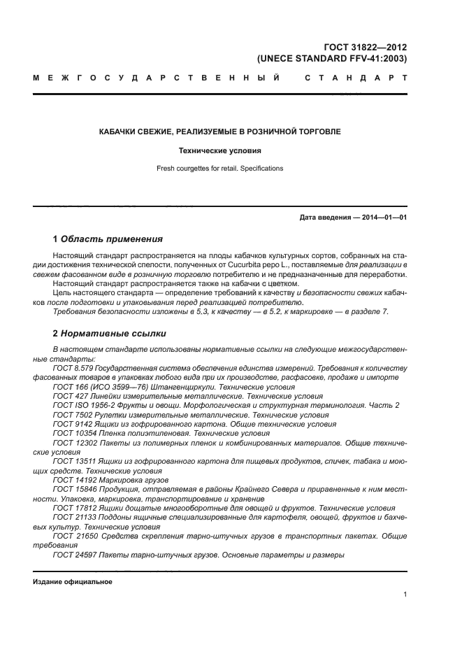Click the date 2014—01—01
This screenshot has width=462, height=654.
[382, 218]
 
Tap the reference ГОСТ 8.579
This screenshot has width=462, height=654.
[73, 367]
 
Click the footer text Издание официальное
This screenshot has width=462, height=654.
[73, 582]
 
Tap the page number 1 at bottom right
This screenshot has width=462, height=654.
[405, 595]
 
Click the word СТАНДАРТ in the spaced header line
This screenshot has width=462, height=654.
[356, 78]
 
